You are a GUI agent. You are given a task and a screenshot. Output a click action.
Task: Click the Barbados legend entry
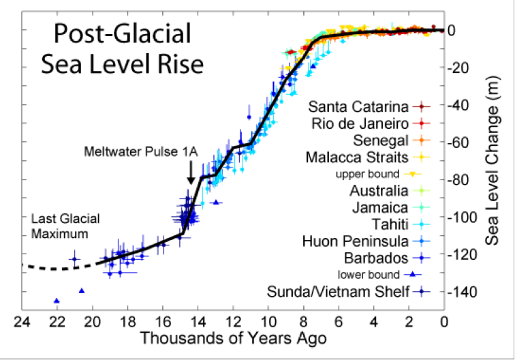(377, 258)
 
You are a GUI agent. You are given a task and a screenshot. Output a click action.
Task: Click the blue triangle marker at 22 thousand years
(57, 301)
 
